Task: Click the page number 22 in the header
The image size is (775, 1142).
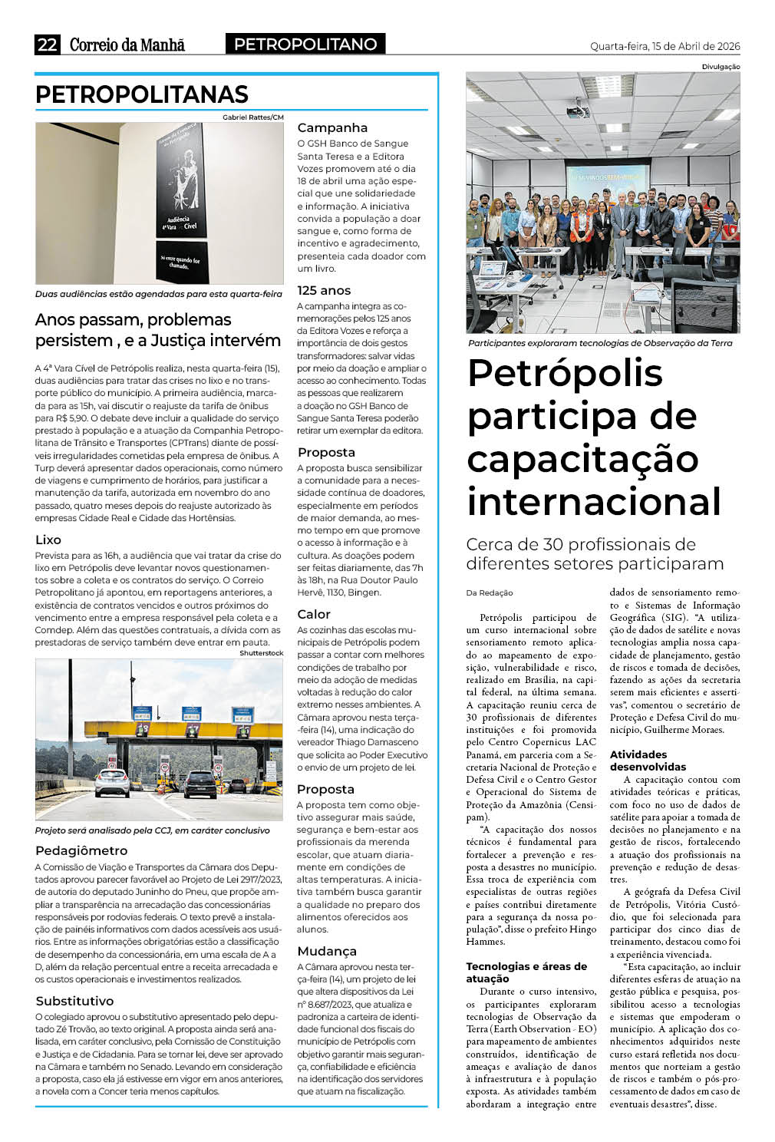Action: pyautogui.click(x=47, y=45)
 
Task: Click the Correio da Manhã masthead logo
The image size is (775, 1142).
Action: pyautogui.click(x=127, y=45)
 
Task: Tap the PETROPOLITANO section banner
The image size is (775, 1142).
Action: pyautogui.click(x=305, y=45)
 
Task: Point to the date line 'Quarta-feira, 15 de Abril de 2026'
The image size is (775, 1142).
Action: pyautogui.click(x=665, y=46)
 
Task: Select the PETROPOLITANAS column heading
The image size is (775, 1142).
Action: pyautogui.click(x=142, y=94)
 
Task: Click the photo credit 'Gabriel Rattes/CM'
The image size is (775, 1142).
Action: pyautogui.click(x=252, y=117)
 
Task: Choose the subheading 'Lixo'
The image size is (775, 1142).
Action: pyautogui.click(x=48, y=540)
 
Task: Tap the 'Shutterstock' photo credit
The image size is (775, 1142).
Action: pyautogui.click(x=261, y=653)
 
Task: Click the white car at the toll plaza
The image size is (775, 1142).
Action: pyautogui.click(x=112, y=783)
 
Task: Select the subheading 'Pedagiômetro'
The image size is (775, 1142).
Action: pyautogui.click(x=81, y=850)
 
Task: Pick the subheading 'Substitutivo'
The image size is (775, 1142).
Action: pyautogui.click(x=74, y=1001)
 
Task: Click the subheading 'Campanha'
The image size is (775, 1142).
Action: pyautogui.click(x=332, y=128)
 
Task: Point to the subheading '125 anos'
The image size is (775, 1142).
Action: pyautogui.click(x=324, y=291)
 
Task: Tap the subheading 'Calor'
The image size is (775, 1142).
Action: pyautogui.click(x=314, y=615)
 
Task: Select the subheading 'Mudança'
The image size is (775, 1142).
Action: pyautogui.click(x=327, y=952)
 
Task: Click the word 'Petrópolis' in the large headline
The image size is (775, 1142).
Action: pyautogui.click(x=565, y=373)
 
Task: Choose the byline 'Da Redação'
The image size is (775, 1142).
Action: pyautogui.click(x=490, y=592)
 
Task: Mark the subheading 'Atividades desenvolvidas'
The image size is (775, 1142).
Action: pyautogui.click(x=648, y=761)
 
